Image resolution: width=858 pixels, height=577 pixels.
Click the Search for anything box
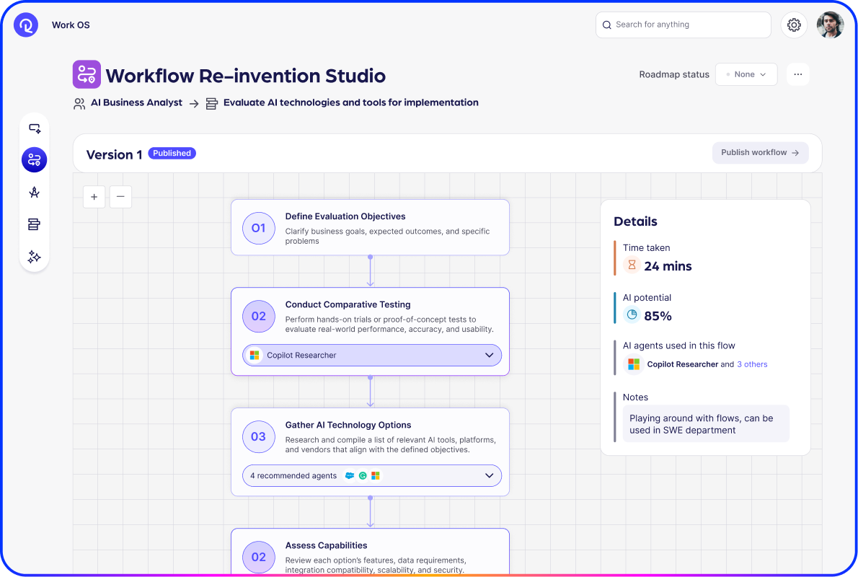(x=683, y=25)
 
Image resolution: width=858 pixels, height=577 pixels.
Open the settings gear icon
(x=794, y=25)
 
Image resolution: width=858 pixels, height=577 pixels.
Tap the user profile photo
(x=830, y=25)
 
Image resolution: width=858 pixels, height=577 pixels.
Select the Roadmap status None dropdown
(x=746, y=74)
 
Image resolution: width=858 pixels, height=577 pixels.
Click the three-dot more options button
(x=797, y=74)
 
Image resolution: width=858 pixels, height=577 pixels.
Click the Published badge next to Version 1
(x=172, y=153)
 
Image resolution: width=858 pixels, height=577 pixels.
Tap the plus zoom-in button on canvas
(x=94, y=197)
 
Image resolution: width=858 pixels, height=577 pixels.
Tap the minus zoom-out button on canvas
(x=120, y=197)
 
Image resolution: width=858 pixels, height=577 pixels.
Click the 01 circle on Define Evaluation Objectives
(x=258, y=228)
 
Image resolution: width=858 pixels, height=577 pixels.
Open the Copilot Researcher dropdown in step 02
(x=372, y=356)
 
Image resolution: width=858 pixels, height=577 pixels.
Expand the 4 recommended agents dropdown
(x=372, y=476)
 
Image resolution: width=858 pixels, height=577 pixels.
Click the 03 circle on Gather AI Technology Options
(x=258, y=436)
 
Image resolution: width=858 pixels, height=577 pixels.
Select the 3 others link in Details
(x=752, y=364)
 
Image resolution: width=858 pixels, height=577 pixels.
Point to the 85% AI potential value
(x=658, y=316)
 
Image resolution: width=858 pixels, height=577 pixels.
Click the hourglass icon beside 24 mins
(x=632, y=265)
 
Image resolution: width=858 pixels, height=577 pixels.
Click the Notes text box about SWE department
(x=705, y=424)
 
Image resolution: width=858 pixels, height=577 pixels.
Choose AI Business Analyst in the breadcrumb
(x=136, y=102)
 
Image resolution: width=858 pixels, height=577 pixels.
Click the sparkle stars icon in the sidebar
(x=34, y=257)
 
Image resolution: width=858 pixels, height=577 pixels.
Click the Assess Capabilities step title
(x=326, y=545)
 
